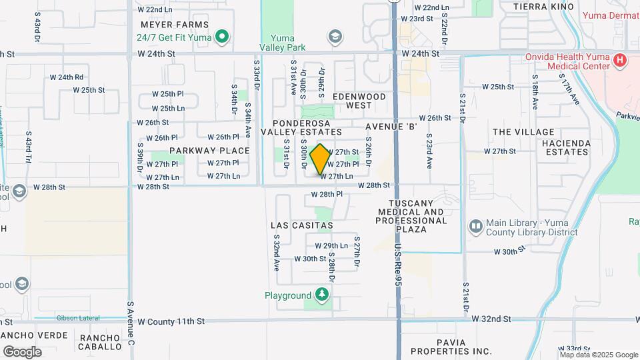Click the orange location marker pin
[x=320, y=159]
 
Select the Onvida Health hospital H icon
[x=620, y=61]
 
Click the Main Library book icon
[x=475, y=227]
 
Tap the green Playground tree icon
[x=322, y=295]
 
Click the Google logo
[x=22, y=351]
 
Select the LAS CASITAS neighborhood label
[x=302, y=225]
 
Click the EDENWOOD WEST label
[x=359, y=101]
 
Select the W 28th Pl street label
[x=327, y=194]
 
